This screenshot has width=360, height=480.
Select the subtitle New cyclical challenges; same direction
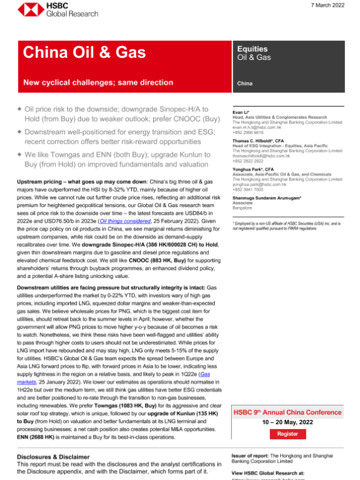[x=98, y=83]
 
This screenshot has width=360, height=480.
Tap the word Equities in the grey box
[x=248, y=49]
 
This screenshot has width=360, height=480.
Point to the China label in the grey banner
[x=244, y=83]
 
